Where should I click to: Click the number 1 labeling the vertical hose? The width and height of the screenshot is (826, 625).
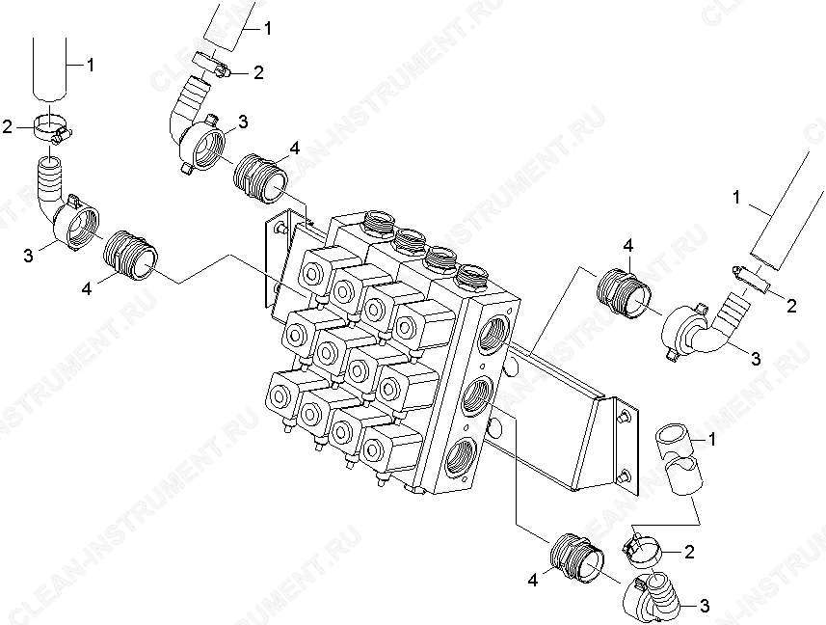pyautogui.click(x=91, y=66)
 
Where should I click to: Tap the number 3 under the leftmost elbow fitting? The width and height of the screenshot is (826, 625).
pyautogui.click(x=27, y=256)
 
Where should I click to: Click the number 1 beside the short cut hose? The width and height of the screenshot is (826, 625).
pyautogui.click(x=712, y=439)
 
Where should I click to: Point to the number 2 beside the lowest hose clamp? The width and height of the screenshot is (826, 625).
pyautogui.click(x=689, y=552)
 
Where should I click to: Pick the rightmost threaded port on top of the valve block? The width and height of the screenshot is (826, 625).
pyautogui.click(x=470, y=275)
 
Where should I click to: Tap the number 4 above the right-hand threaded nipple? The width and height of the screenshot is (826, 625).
pyautogui.click(x=627, y=246)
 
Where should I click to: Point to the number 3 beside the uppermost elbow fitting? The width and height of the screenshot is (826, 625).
pyautogui.click(x=242, y=122)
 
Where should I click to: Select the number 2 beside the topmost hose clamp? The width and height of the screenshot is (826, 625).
pyautogui.click(x=258, y=72)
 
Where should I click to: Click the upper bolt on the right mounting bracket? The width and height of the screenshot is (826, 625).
pyautogui.click(x=625, y=417)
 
